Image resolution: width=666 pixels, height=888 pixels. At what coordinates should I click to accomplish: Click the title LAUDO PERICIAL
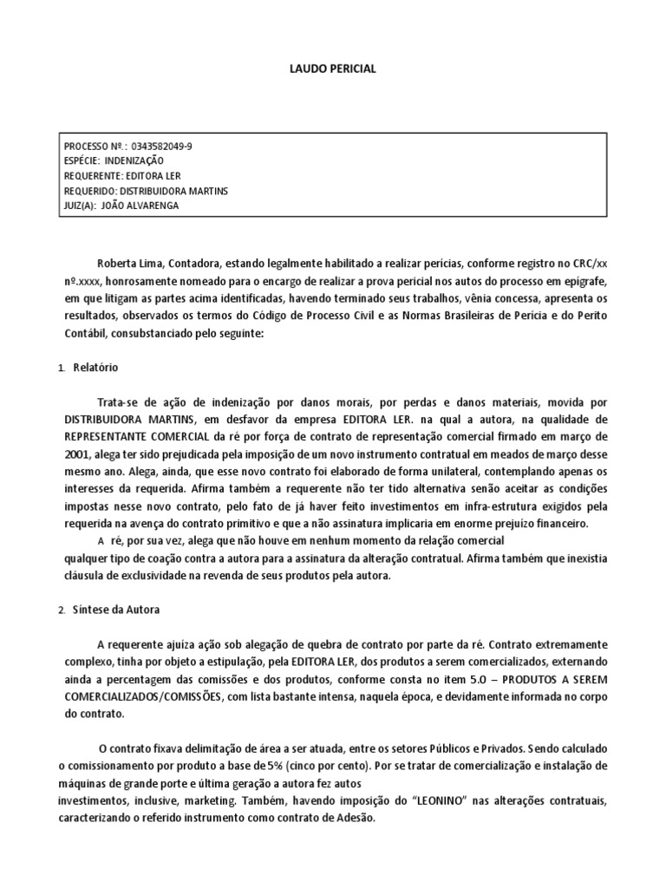click(x=333, y=69)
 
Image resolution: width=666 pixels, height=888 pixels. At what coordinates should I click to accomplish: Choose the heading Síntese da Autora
click(x=116, y=609)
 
